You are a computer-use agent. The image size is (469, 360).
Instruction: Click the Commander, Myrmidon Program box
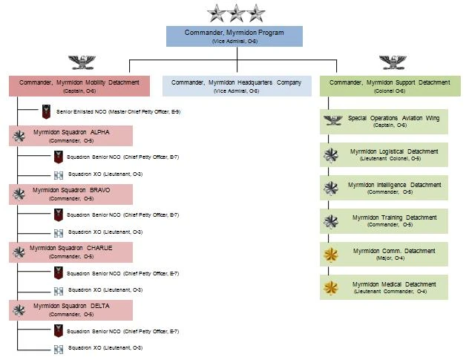click(234, 36)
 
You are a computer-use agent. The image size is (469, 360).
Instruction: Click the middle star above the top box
click(236, 13)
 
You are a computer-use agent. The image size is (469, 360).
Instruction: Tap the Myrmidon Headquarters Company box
click(237, 85)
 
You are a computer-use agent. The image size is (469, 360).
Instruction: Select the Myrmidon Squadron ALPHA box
click(71, 136)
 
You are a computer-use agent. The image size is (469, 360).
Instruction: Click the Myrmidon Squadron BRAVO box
click(71, 194)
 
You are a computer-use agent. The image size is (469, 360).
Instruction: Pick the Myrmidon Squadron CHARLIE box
click(71, 252)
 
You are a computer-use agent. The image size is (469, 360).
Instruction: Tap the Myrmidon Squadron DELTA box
click(71, 310)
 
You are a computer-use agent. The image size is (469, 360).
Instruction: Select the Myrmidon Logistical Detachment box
click(384, 155)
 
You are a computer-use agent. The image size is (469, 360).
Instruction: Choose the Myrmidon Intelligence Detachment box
click(384, 189)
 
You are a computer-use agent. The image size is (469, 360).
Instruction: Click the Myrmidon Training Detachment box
click(384, 221)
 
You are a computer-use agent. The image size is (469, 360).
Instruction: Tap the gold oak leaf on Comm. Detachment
click(331, 255)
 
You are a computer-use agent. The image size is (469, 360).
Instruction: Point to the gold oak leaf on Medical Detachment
click(331, 287)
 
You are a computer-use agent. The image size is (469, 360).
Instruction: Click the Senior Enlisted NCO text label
click(119, 112)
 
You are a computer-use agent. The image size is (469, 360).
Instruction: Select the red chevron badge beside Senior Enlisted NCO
click(47, 112)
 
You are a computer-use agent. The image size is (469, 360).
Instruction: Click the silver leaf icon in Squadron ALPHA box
click(19, 136)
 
